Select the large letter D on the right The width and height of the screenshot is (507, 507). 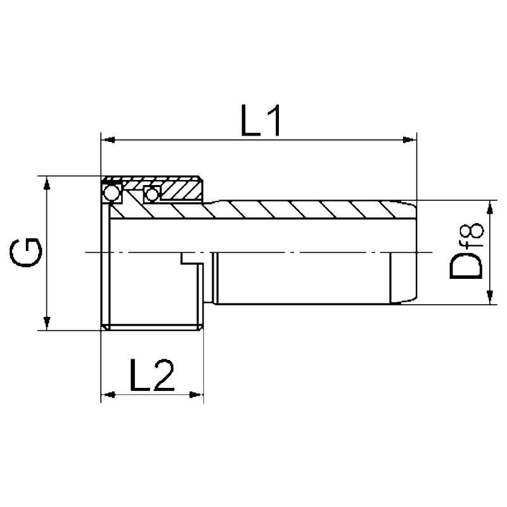465,266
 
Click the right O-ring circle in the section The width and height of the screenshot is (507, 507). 151,193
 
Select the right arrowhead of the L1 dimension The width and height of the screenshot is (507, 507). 410,138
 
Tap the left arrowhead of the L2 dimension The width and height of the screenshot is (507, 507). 108,395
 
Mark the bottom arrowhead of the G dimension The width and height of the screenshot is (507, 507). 46,324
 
